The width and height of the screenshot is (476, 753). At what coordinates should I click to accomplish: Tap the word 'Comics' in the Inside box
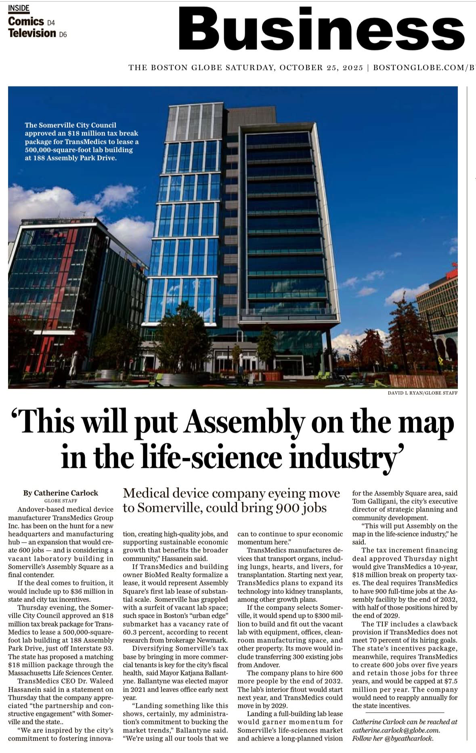pyautogui.click(x=26, y=21)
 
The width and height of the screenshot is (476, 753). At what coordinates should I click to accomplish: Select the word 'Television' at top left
pyautogui.click(x=32, y=33)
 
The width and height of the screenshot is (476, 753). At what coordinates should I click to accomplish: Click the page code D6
pyautogui.click(x=63, y=35)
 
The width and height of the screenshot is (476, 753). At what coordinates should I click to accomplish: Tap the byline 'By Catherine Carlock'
pyautogui.click(x=61, y=493)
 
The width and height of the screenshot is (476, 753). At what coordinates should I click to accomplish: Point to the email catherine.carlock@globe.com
pyautogui.click(x=396, y=730)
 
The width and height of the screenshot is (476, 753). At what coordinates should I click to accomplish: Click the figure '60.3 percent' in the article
pyautogui.click(x=141, y=632)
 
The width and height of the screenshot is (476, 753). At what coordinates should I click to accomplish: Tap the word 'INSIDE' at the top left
pyautogui.click(x=19, y=8)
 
